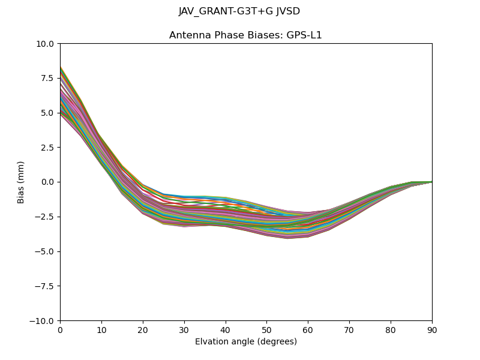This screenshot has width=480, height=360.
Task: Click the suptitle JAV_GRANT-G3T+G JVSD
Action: click(x=239, y=11)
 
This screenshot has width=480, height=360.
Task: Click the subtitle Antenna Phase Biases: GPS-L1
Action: click(x=245, y=35)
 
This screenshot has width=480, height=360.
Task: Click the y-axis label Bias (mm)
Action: click(x=21, y=182)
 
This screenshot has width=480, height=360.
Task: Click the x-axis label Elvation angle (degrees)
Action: click(x=245, y=342)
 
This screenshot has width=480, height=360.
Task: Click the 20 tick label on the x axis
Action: click(x=143, y=330)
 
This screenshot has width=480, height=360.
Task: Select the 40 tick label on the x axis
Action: click(x=226, y=330)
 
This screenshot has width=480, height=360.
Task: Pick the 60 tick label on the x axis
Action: click(x=308, y=330)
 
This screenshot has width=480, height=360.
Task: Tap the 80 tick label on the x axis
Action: click(x=391, y=330)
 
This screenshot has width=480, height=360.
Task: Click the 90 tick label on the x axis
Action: click(x=432, y=330)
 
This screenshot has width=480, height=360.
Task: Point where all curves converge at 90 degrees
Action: click(x=431, y=182)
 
